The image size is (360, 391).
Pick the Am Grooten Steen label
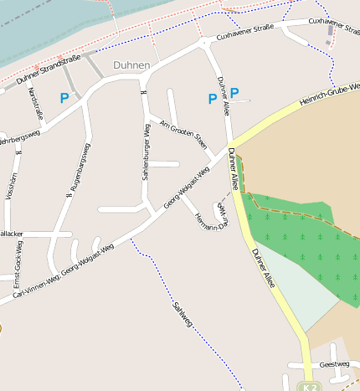[x=183, y=134]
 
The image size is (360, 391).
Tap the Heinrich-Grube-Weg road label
[x=331, y=94]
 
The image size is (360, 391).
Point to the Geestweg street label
[x=334, y=364]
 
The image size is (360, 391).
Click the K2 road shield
[x=310, y=387]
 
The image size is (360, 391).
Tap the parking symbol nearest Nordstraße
[x=64, y=98]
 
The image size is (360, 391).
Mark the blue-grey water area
[x=50, y=25]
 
